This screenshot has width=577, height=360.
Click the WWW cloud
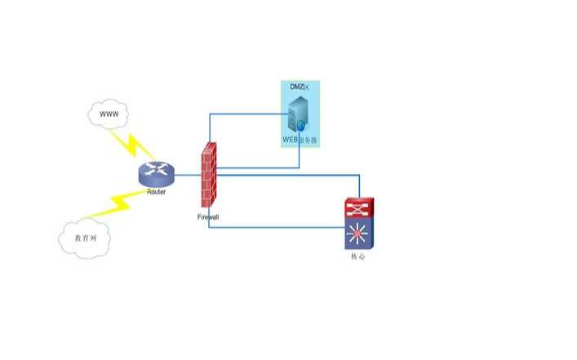tap(109, 114)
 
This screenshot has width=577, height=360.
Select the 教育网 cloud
tap(85, 238)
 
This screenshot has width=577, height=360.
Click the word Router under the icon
tap(157, 193)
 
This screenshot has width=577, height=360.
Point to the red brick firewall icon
tap(209, 175)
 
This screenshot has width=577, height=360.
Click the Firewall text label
tap(208, 217)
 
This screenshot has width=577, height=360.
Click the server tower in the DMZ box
tap(299, 113)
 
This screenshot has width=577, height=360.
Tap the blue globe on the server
tap(301, 126)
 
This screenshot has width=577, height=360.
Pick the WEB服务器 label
tap(300, 140)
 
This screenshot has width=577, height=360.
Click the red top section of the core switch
tap(357, 207)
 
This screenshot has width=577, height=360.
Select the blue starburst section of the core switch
tap(357, 235)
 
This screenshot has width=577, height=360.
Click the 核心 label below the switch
tap(357, 256)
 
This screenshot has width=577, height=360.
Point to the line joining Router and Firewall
tap(187, 175)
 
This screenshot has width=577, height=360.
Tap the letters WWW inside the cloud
tap(109, 114)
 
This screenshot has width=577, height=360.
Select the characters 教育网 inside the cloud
tap(85, 238)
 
